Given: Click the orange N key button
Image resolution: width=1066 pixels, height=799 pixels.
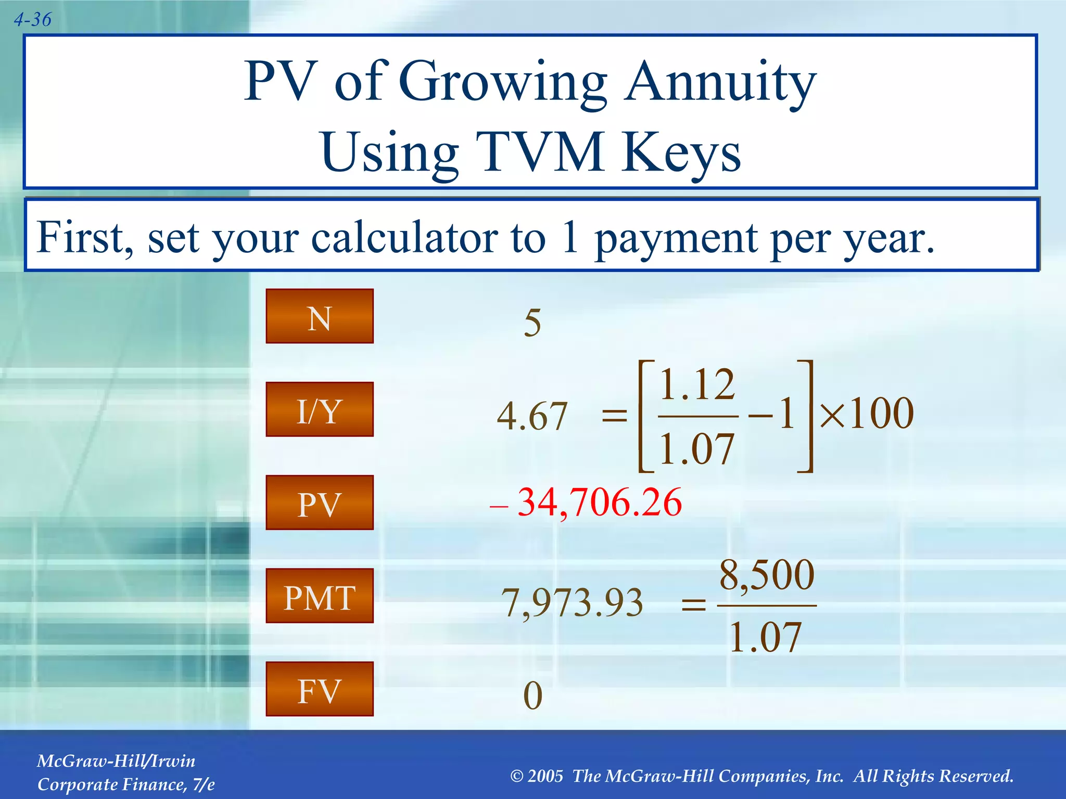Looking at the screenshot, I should (x=319, y=316).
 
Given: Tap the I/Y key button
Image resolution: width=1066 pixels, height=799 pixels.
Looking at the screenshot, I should (x=319, y=409).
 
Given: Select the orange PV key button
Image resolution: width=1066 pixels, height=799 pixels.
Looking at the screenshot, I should (x=319, y=502).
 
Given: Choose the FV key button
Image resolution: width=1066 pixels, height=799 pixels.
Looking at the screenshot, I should (x=319, y=689).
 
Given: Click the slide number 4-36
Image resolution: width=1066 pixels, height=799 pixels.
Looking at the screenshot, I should (x=32, y=20).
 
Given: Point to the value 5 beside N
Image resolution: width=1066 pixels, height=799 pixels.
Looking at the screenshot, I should (x=532, y=323).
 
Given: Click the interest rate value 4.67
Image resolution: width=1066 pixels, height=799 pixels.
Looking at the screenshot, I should (x=532, y=417).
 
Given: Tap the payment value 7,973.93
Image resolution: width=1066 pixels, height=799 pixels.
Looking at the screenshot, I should (x=573, y=603).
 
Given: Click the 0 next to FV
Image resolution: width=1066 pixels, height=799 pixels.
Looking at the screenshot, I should (x=532, y=695).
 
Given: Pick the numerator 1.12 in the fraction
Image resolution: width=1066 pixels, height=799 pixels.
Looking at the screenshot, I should (x=697, y=385).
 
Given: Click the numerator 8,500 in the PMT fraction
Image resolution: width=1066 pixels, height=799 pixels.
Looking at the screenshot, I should (x=767, y=575).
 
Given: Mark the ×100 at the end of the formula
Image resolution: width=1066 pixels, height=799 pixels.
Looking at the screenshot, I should (x=867, y=414).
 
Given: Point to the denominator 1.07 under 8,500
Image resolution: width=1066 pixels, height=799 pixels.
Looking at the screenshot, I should (x=765, y=637).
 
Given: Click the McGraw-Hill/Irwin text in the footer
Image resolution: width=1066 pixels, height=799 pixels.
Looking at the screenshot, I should (x=116, y=761).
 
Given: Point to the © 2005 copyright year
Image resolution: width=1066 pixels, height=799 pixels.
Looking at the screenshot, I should (x=537, y=776).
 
